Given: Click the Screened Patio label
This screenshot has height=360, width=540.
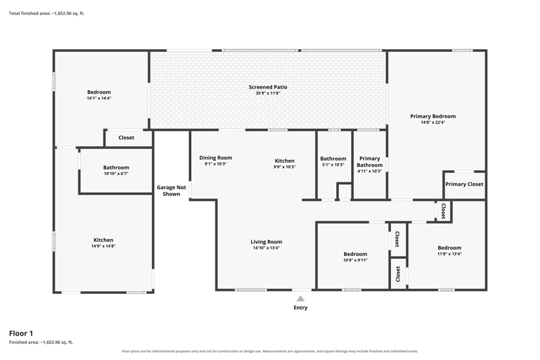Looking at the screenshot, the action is point(268,87).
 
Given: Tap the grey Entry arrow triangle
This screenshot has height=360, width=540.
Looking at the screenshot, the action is point(300,299).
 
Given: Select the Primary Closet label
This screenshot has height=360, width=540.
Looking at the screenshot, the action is point(464,184).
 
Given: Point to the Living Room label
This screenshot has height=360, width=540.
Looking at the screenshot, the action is point(266,242).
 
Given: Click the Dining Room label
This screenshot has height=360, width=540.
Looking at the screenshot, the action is point(215,158).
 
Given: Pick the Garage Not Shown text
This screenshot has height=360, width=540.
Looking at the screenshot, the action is point(171,190).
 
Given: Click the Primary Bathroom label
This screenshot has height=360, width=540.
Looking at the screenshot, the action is point(369,161).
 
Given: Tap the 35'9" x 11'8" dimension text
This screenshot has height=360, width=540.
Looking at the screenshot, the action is point(268,93).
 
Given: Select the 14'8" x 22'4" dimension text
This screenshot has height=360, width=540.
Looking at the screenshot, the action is point(433,122).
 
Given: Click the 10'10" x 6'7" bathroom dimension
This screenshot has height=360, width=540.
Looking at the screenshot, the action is point(116,174).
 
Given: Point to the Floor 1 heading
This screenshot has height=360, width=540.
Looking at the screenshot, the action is point(21,333).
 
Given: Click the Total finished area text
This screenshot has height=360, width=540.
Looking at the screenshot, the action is point(47,14).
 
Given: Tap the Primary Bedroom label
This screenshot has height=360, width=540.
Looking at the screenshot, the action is point(433,116).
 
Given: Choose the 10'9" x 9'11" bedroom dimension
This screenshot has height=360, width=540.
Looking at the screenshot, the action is point(356,260).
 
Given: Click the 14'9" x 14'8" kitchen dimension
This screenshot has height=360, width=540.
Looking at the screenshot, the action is point(103,246).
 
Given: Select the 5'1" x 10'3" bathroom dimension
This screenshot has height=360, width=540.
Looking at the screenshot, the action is point(333,165).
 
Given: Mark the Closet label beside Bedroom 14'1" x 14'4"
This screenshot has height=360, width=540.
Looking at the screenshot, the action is point(126,138).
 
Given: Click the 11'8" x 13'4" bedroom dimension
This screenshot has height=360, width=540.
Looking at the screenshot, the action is point(450,254).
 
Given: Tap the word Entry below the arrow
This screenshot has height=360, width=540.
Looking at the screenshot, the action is point(300,307).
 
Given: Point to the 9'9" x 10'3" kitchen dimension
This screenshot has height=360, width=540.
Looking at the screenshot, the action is point(284,167).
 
